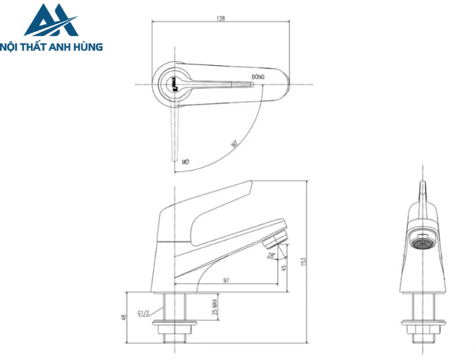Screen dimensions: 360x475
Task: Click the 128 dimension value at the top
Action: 221,18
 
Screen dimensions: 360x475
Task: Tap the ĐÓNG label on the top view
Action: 258,77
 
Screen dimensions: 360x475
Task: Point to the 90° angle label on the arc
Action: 234,144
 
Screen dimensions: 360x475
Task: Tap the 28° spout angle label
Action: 271,256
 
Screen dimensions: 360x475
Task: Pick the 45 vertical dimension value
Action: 284,267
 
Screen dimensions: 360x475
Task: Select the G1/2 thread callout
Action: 144,313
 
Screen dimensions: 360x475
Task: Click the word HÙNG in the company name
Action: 89,47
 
